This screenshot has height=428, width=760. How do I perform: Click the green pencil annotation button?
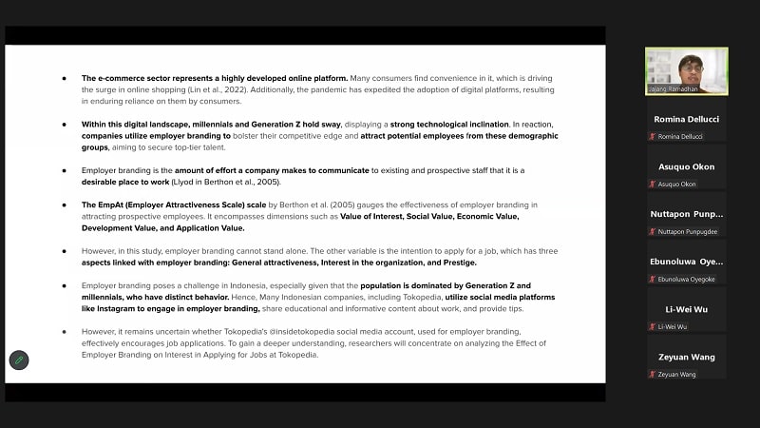(x=19, y=360)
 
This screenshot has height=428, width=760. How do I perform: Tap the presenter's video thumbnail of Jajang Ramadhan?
(x=686, y=70)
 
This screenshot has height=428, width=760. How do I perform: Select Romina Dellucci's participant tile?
(x=686, y=123)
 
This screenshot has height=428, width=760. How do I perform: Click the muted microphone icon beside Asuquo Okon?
(x=652, y=184)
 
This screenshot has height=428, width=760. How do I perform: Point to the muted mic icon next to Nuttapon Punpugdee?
(x=652, y=231)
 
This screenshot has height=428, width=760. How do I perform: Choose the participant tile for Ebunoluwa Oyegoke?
(x=686, y=265)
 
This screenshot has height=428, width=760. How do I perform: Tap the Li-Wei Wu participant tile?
(x=686, y=313)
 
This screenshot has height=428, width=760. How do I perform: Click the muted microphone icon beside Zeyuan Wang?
(x=652, y=374)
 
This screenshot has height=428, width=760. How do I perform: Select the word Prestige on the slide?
(x=457, y=263)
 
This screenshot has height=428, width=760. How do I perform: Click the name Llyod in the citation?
(x=190, y=181)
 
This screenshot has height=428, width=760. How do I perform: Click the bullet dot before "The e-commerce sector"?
(x=65, y=78)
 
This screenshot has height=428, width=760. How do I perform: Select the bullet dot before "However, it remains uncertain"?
(x=65, y=332)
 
